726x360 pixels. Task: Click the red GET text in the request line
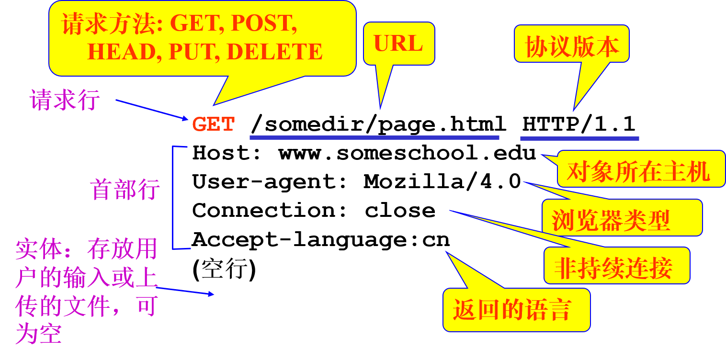214,124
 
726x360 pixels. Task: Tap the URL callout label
398,44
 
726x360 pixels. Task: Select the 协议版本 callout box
572,46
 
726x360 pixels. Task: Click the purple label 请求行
65,101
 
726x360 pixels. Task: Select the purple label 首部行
125,190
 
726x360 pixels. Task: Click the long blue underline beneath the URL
374,138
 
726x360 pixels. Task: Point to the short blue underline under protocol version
579,139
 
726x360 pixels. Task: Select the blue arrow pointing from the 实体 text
185,291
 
